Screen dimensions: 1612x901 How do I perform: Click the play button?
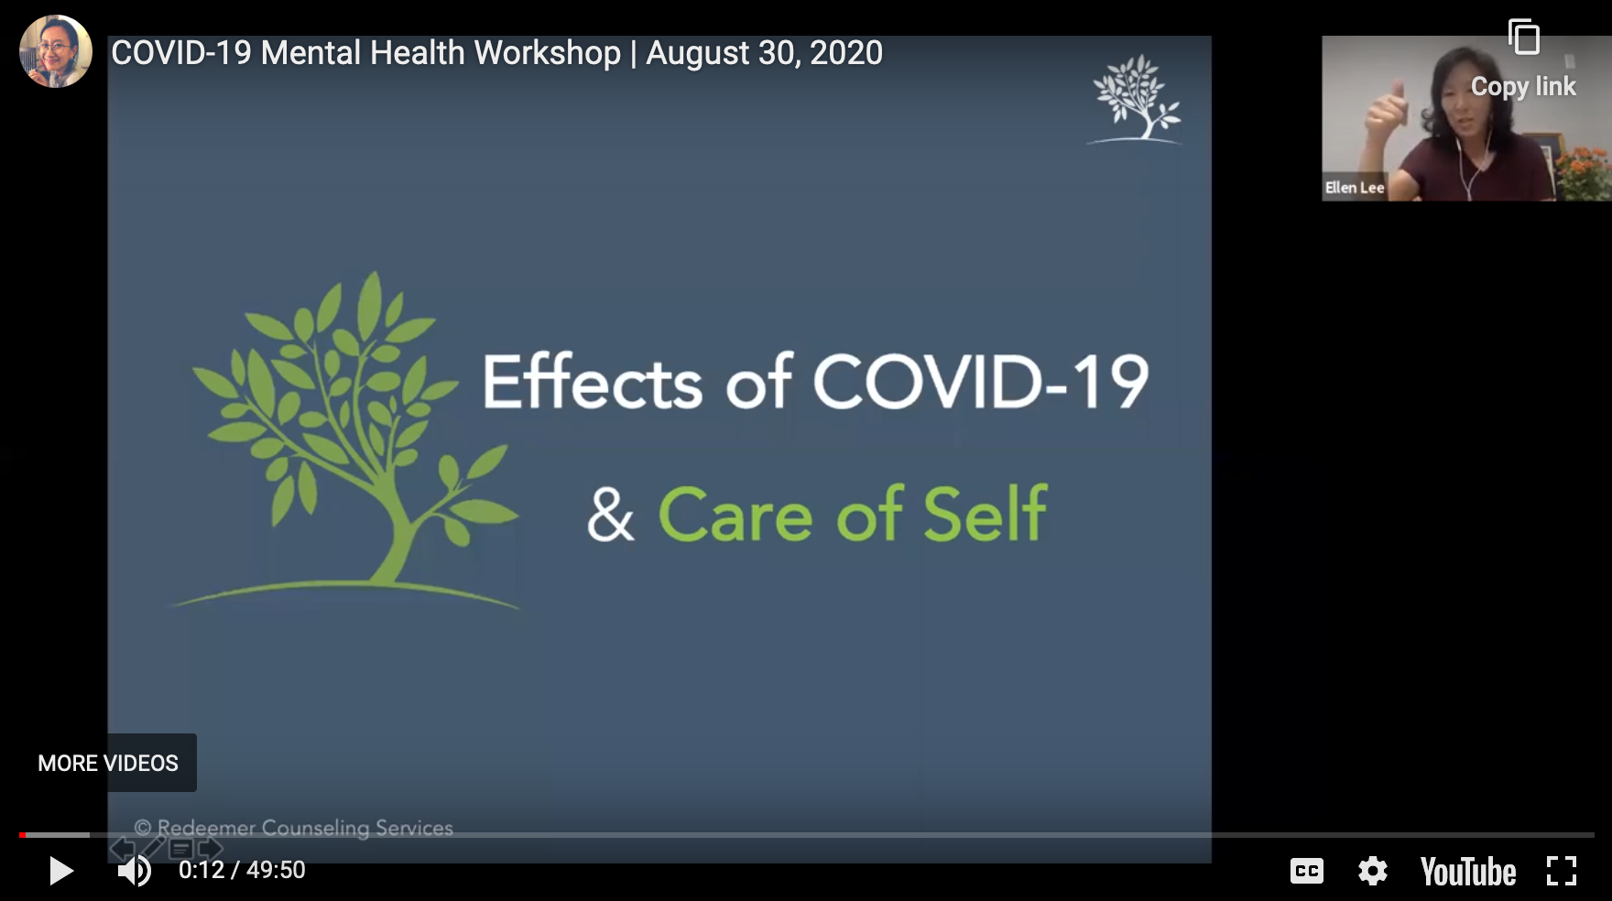click(x=60, y=871)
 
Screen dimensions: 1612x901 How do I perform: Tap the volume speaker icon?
click(x=135, y=871)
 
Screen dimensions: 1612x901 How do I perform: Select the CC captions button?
click(x=1307, y=871)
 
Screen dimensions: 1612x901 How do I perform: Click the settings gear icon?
click(x=1373, y=871)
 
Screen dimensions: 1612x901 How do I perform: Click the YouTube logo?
click(x=1468, y=872)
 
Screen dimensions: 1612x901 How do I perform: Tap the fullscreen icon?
click(x=1562, y=871)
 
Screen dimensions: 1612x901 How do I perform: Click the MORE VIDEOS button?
click(x=108, y=763)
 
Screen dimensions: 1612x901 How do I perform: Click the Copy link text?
click(x=1523, y=87)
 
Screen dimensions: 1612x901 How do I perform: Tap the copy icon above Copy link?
click(x=1524, y=38)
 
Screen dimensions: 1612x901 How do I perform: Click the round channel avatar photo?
click(x=56, y=51)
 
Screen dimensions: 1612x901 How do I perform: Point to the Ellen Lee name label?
click(x=1355, y=188)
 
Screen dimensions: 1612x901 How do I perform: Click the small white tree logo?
click(x=1135, y=99)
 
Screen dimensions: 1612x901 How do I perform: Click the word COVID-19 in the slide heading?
click(x=981, y=382)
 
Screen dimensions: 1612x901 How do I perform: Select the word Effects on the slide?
click(x=593, y=381)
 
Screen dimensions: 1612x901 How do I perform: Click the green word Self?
click(x=986, y=514)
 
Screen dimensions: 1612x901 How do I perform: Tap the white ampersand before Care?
click(x=611, y=515)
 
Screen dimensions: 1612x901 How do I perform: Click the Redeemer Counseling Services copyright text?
click(x=294, y=828)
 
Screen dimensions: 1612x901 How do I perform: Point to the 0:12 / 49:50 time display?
click(x=242, y=870)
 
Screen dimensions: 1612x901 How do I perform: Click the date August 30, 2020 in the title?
click(x=765, y=53)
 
